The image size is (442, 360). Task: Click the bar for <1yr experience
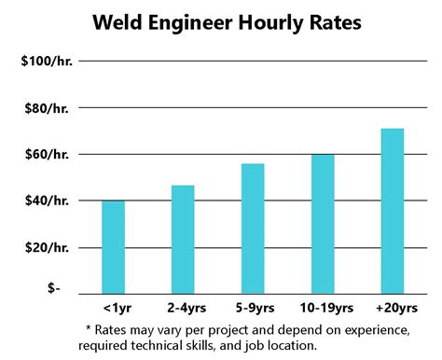tap(113, 246)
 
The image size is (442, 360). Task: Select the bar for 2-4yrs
tap(183, 239)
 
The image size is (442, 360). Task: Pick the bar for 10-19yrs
tap(323, 223)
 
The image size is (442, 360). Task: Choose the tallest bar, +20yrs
tap(393, 210)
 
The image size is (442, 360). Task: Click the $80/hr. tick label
tap(48, 108)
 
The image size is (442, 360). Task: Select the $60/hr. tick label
tap(48, 154)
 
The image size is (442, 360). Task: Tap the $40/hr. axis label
tap(48, 201)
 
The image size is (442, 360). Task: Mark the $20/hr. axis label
tap(48, 247)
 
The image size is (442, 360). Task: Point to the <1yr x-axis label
tap(113, 307)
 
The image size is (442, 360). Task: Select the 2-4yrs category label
tap(183, 307)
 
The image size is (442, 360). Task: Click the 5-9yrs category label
tap(253, 307)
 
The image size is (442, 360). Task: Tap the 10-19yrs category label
tap(323, 307)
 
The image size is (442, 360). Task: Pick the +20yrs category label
tap(393, 307)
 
